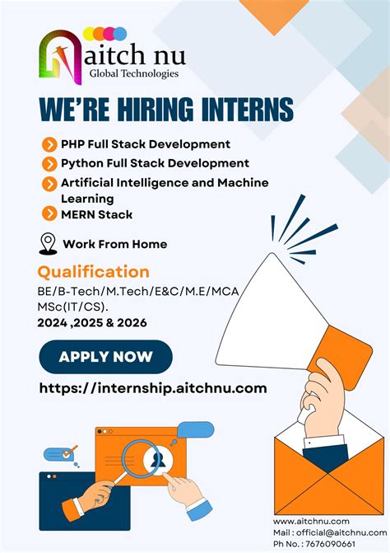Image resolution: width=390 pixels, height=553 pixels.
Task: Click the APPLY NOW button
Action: (x=105, y=357)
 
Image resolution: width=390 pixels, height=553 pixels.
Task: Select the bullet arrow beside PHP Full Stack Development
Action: (x=49, y=145)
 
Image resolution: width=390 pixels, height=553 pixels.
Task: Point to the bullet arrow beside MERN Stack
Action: (x=49, y=215)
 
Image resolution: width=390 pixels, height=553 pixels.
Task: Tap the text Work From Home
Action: (x=115, y=244)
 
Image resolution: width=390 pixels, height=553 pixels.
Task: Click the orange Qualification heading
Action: (x=94, y=272)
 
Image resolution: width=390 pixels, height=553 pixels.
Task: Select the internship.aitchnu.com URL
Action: (x=153, y=388)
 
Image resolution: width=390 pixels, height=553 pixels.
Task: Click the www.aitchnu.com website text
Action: (x=312, y=521)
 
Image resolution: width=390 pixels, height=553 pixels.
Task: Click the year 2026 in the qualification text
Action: (x=131, y=323)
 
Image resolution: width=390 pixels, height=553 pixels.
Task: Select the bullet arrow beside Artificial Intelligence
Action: (x=49, y=182)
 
